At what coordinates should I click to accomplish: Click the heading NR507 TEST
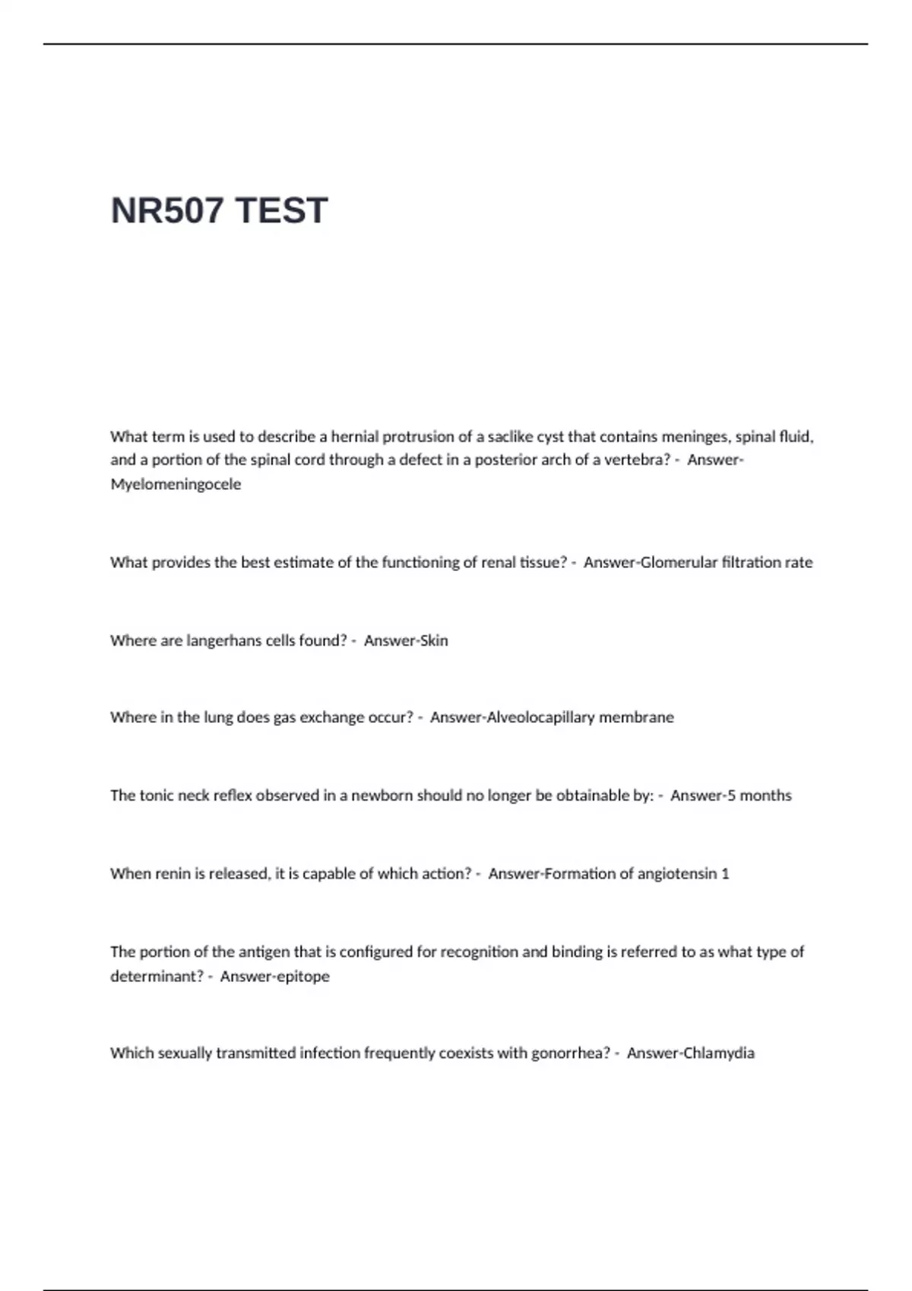[219, 210]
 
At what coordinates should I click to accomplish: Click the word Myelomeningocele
[176, 484]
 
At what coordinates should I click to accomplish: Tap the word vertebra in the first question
[638, 459]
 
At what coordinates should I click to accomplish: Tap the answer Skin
[433, 640]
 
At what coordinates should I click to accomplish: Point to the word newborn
[382, 795]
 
